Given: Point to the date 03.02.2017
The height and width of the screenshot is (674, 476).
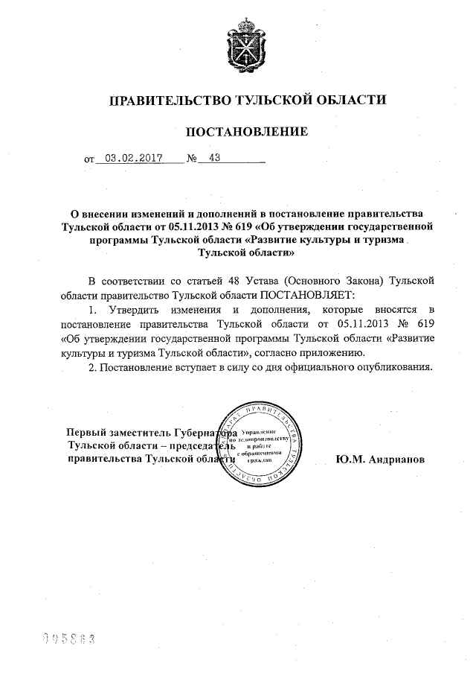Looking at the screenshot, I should tap(134, 158).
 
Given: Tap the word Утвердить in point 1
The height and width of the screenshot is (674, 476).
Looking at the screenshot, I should tap(132, 308).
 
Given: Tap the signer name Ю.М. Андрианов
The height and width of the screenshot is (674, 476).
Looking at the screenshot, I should tap(380, 460).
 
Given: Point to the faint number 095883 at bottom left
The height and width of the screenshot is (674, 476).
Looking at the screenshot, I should tap(71, 639).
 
